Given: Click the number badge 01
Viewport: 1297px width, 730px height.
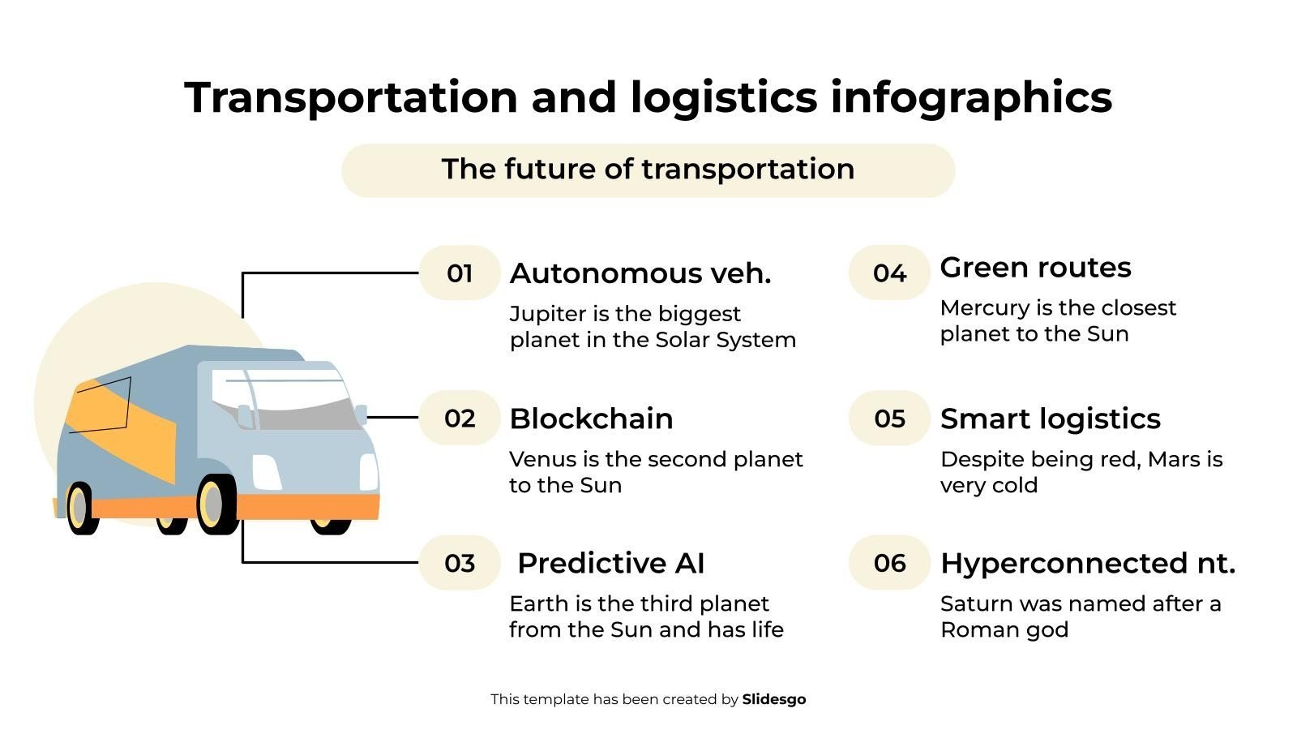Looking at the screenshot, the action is point(460,273).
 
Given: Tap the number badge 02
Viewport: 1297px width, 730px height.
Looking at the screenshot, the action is point(460,418).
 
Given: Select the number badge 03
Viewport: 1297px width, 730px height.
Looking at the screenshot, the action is point(460,563).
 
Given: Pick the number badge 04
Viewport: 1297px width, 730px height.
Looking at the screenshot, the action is point(889,273).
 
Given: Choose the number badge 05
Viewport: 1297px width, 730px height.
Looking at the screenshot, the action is point(889,418).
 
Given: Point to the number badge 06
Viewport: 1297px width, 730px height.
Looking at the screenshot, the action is point(889,563).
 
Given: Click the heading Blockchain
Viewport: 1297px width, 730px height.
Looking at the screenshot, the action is point(591,419).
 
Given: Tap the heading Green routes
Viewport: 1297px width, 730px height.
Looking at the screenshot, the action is point(1035,268).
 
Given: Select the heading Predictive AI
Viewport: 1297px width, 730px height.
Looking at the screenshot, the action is point(611,563).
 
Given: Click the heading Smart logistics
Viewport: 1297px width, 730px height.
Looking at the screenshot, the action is point(1051,419).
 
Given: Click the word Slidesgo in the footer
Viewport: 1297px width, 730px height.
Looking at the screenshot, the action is point(774,699).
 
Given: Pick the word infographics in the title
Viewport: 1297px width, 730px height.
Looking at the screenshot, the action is point(971,98).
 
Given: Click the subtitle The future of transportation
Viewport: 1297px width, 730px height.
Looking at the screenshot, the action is point(648,170).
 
